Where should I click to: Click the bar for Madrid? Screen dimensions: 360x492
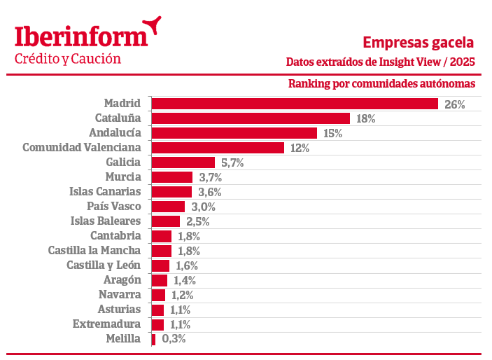pyautogui.click(x=295, y=104)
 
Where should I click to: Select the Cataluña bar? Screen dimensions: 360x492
pyautogui.click(x=251, y=118)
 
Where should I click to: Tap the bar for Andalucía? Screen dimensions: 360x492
pyautogui.click(x=234, y=133)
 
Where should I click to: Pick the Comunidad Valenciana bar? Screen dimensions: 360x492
pyautogui.click(x=218, y=148)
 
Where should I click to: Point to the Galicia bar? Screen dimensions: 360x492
pyautogui.click(x=183, y=162)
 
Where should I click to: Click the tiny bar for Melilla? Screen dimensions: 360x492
pyautogui.click(x=153, y=339)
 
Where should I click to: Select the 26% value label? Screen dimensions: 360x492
pyautogui.click(x=454, y=104)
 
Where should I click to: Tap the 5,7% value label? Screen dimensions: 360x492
pyautogui.click(x=232, y=163)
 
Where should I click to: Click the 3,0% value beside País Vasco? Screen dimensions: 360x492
pyautogui.click(x=202, y=207)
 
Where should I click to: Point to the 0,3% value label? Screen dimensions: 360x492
pyautogui.click(x=174, y=340)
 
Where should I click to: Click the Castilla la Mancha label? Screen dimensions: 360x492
pyautogui.click(x=94, y=250)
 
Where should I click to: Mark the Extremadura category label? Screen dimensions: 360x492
pyautogui.click(x=106, y=324)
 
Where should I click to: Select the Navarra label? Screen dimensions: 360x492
pyautogui.click(x=120, y=295)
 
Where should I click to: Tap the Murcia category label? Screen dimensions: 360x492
pyautogui.click(x=122, y=176)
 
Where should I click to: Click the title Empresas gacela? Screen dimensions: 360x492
pyautogui.click(x=419, y=42)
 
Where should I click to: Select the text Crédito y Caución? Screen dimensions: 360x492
pyautogui.click(x=68, y=59)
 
